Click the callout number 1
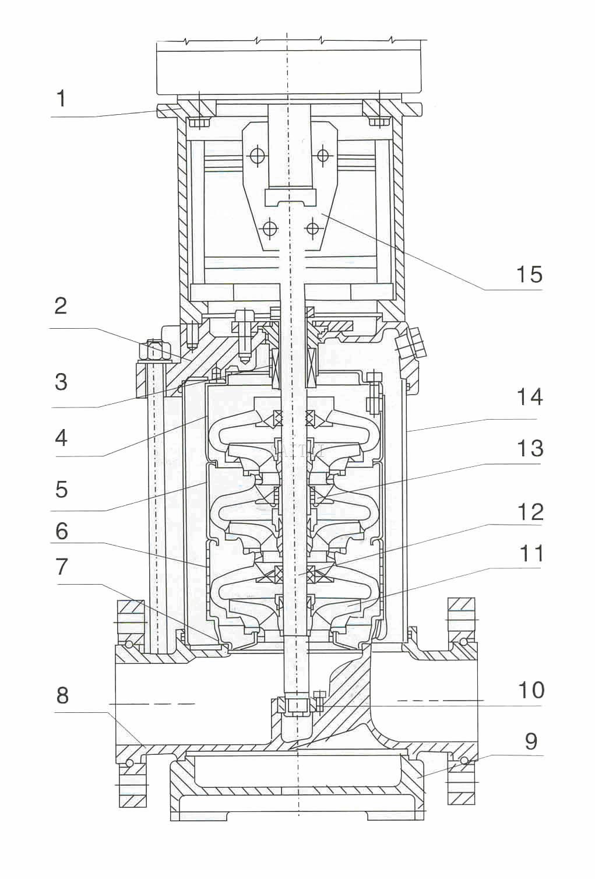pyautogui.click(x=61, y=99)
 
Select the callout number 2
pyautogui.click(x=61, y=306)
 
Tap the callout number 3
pyautogui.click(x=61, y=382)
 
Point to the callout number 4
pyautogui.click(x=61, y=437)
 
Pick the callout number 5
pyautogui.click(x=61, y=489)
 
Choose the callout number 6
pyautogui.click(x=61, y=531)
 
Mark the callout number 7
pyautogui.click(x=61, y=567)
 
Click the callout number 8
pyautogui.click(x=62, y=695)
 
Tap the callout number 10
pyautogui.click(x=531, y=690)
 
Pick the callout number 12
pyautogui.click(x=530, y=512)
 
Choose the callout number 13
pyautogui.click(x=530, y=448)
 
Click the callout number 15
pyautogui.click(x=529, y=274)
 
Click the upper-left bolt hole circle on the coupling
pyautogui.click(x=256, y=156)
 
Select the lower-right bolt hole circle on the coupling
pyautogui.click(x=313, y=228)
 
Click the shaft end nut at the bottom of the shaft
pyautogui.click(x=297, y=705)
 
